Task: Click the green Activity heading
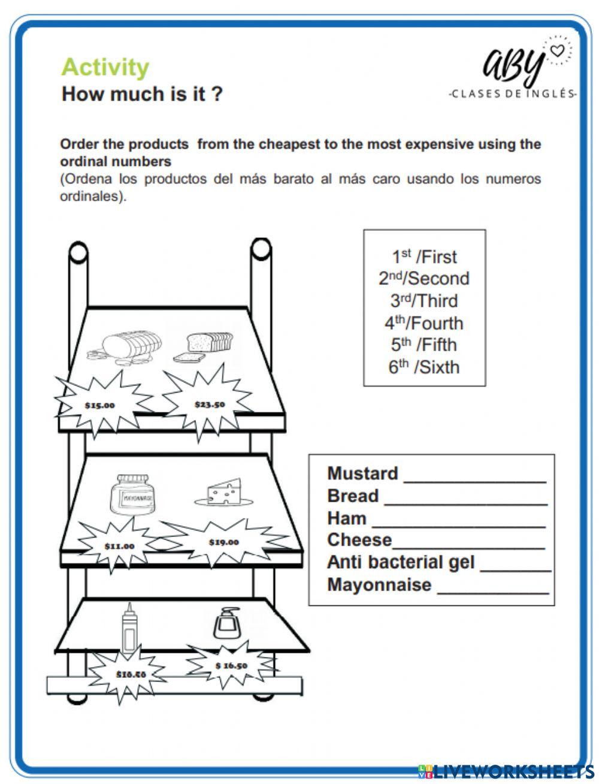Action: click(x=105, y=67)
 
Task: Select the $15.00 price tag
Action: click(x=99, y=405)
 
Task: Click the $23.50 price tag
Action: click(x=209, y=404)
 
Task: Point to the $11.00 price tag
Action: click(x=119, y=546)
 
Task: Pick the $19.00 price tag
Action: click(x=223, y=542)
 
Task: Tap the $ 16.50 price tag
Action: click(x=231, y=665)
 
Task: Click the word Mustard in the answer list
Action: click(x=362, y=474)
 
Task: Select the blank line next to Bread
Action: click(x=465, y=503)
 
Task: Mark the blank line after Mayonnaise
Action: click(x=493, y=592)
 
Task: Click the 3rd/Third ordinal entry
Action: click(x=424, y=301)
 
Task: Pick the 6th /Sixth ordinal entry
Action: click(x=424, y=367)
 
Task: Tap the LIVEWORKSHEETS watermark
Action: click(x=506, y=771)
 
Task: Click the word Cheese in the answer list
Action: click(x=359, y=540)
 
